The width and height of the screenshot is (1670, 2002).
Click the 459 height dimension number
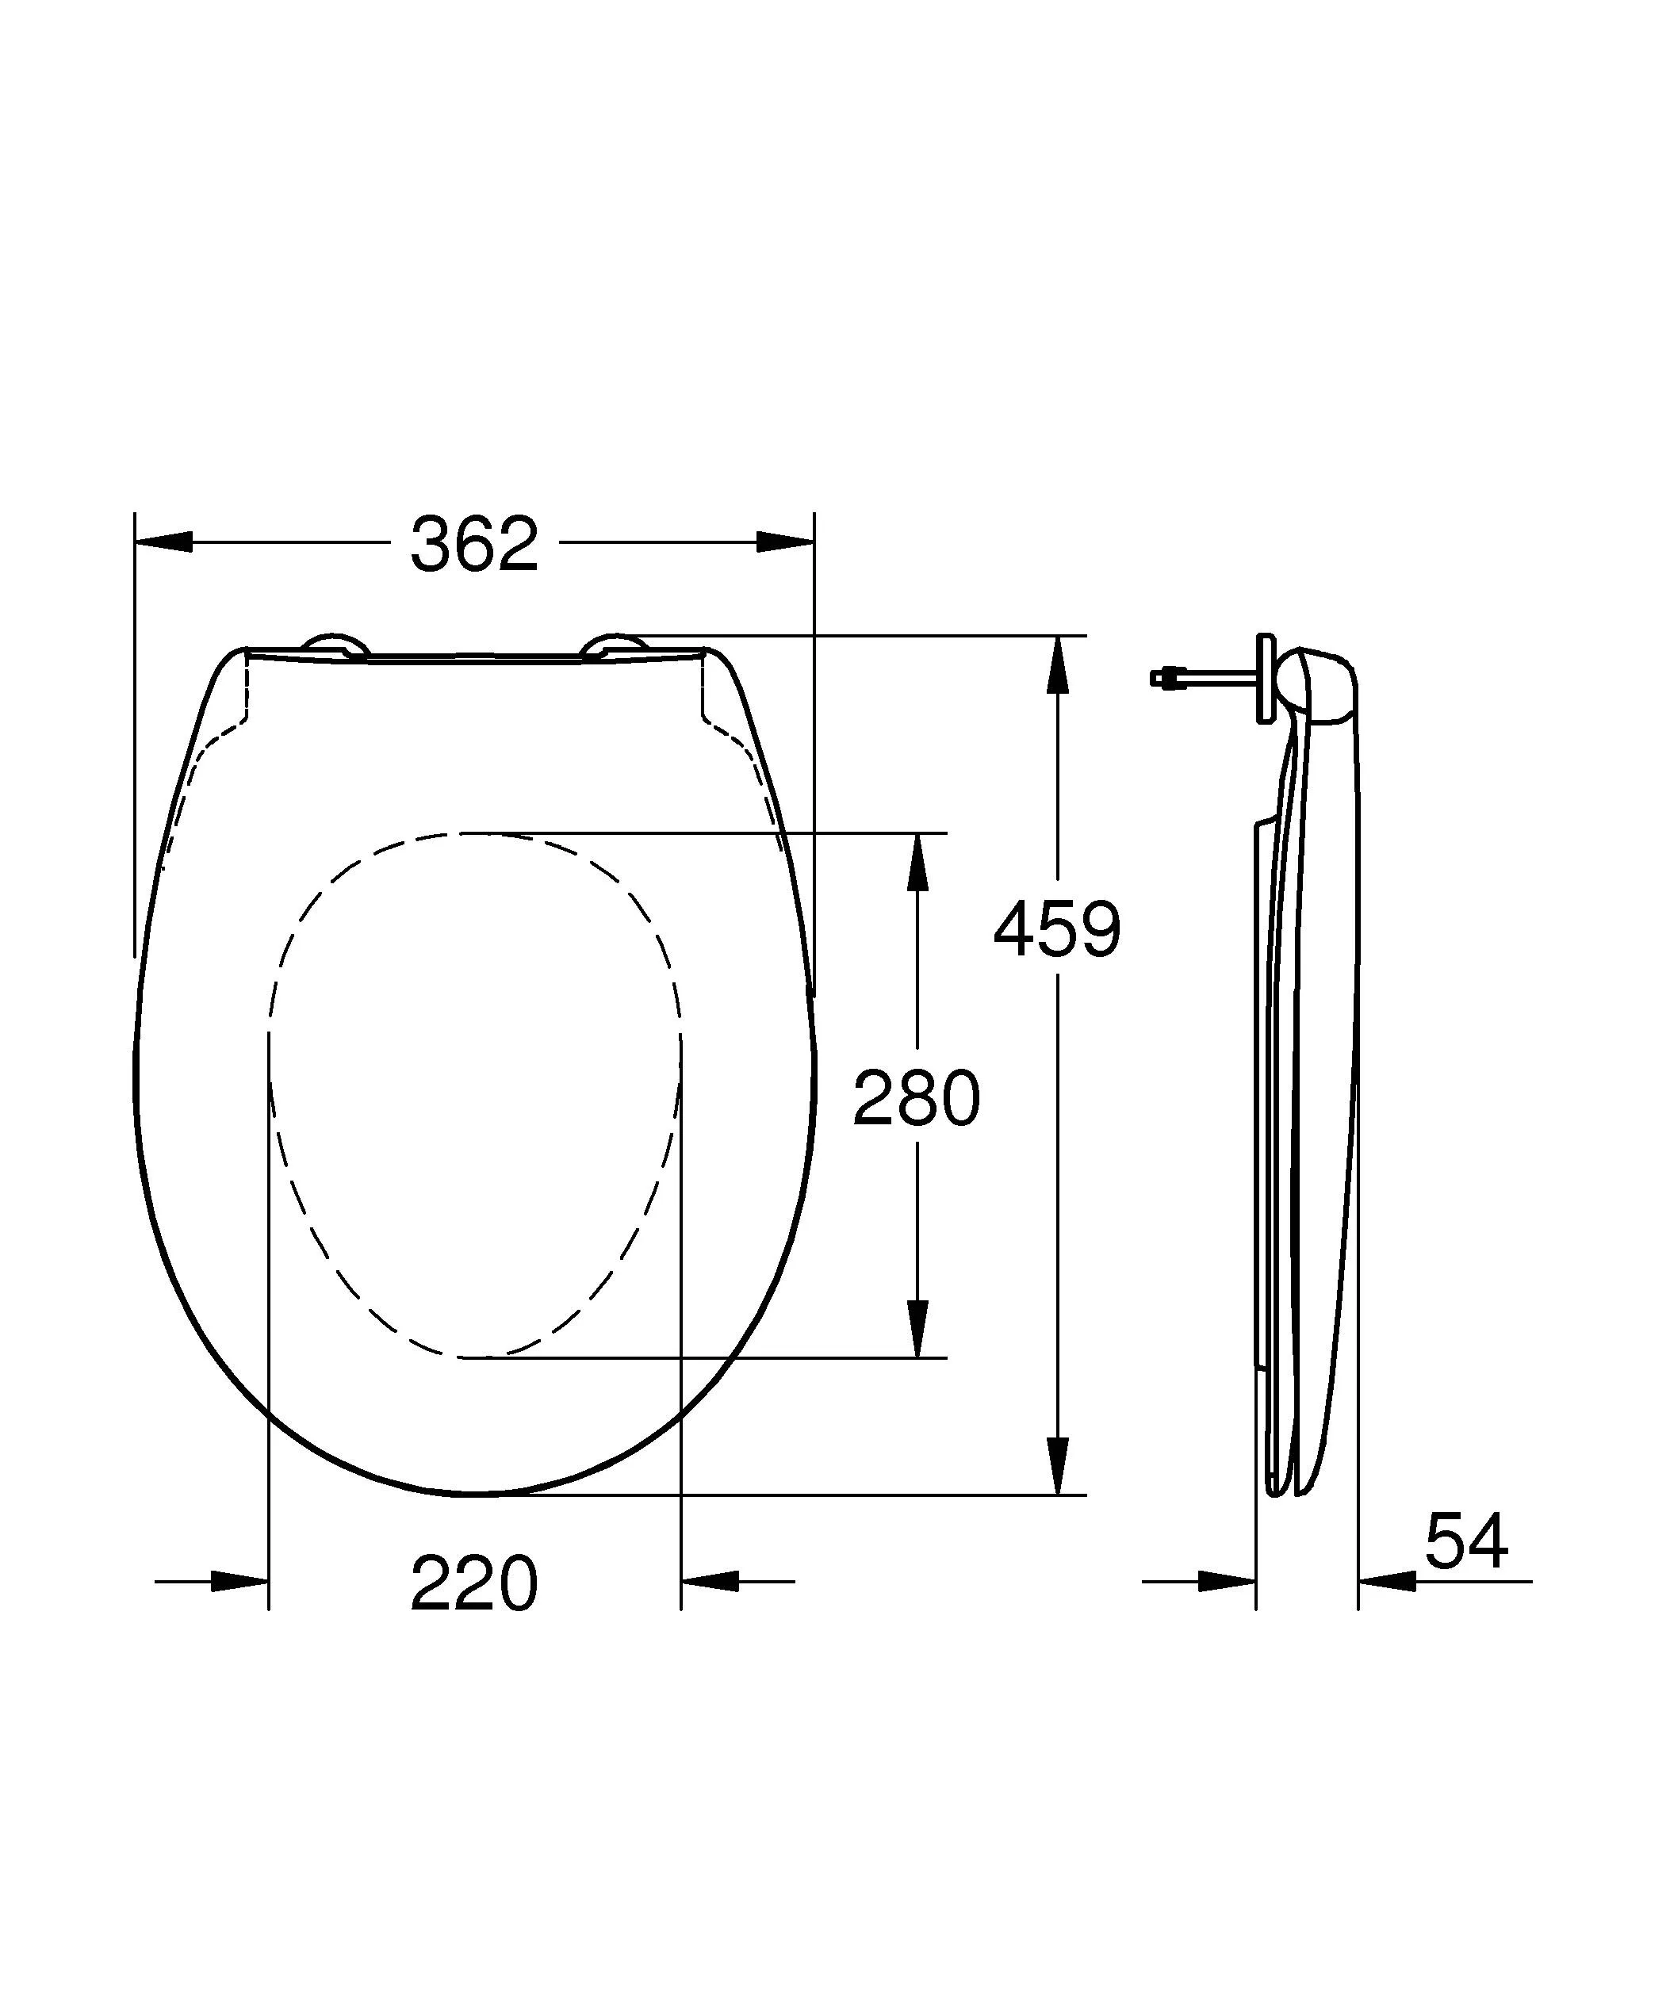(x=1057, y=929)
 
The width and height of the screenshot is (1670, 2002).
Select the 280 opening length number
(x=916, y=1098)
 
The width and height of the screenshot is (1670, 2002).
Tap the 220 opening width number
(x=473, y=1584)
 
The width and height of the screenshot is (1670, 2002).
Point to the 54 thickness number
(x=1466, y=1541)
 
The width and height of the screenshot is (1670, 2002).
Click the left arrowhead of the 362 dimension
(x=164, y=542)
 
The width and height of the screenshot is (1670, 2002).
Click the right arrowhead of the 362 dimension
(x=785, y=542)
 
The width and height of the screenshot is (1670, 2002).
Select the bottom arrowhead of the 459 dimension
(x=1056, y=1465)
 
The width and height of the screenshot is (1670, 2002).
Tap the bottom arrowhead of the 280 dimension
(x=917, y=1327)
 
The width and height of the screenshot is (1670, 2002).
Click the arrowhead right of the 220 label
(x=711, y=1582)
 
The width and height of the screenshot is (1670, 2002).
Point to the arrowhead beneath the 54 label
(x=1388, y=1582)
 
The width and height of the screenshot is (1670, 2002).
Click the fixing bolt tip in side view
(x=1157, y=678)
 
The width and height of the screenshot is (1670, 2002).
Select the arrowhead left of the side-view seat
(x=1227, y=1582)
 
